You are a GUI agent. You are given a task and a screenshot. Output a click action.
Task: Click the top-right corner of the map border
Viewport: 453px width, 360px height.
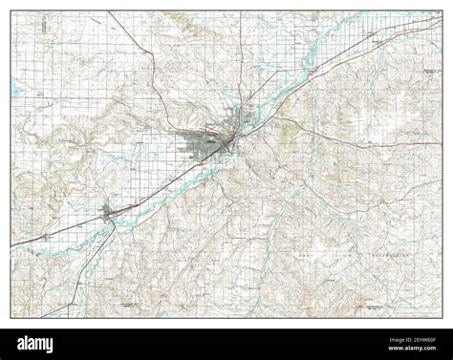pyautogui.click(x=442, y=11)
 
